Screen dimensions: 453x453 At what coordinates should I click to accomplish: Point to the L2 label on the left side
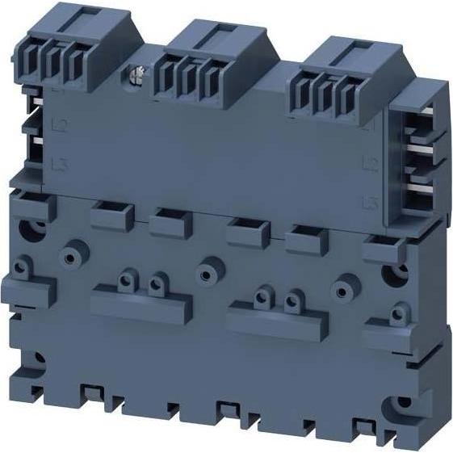click(59, 125)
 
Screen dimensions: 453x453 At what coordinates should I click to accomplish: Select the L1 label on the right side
click(371, 128)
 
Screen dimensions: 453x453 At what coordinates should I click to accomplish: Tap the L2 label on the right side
click(371, 166)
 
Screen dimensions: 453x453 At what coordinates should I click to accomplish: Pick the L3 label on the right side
click(371, 201)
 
